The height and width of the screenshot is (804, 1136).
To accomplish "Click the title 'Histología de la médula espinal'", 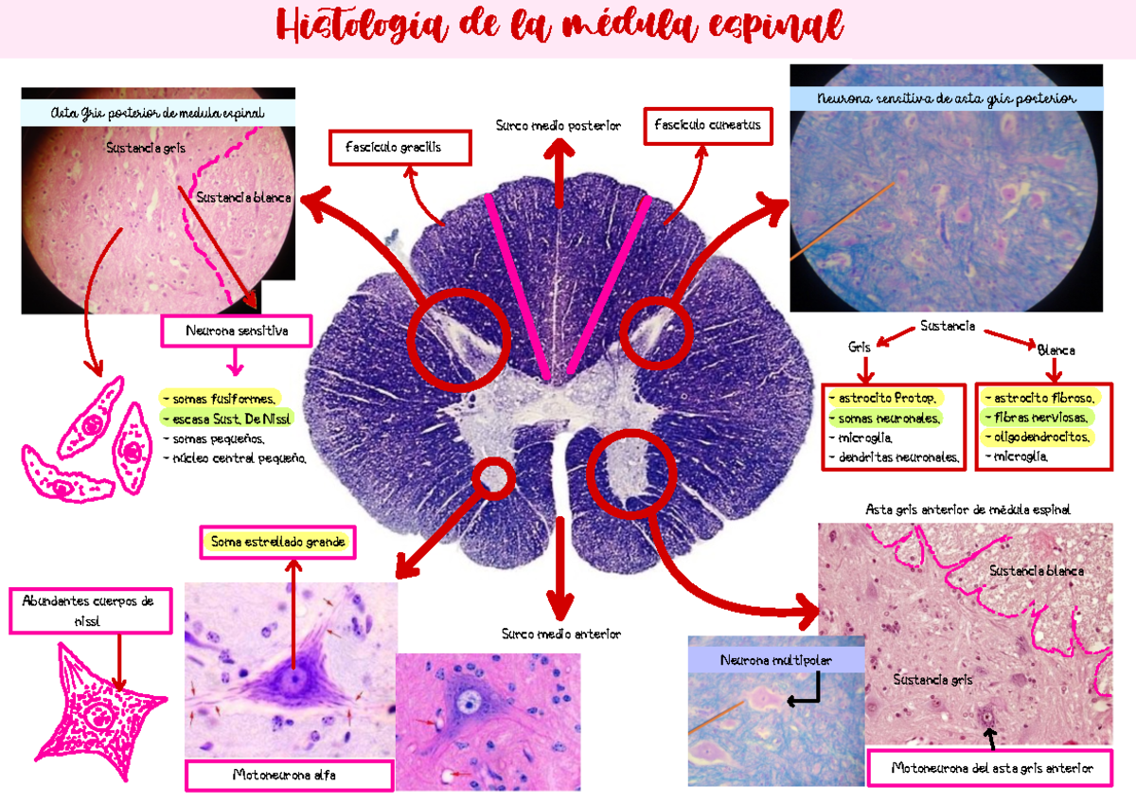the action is (x=560, y=28).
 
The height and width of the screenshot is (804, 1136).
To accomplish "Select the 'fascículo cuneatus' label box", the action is (x=706, y=125).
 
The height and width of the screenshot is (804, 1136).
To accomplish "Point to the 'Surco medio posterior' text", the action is (x=559, y=125).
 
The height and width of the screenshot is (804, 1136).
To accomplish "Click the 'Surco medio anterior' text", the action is (x=561, y=634).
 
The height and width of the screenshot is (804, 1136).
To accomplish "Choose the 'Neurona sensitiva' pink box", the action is (x=237, y=331).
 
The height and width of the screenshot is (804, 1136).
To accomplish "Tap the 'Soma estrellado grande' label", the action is (x=277, y=543).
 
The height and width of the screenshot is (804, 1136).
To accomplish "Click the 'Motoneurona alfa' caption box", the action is (x=290, y=776).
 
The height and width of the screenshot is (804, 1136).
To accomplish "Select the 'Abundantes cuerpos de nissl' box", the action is (x=91, y=611).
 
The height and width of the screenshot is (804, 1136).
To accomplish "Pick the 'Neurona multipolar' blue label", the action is (x=776, y=661).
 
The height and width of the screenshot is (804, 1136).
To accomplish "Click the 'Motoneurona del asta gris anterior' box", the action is (x=991, y=769).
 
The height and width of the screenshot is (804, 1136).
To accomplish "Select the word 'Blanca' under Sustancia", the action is (x=1056, y=350).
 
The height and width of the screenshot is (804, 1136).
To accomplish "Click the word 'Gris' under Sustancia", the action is (x=860, y=348).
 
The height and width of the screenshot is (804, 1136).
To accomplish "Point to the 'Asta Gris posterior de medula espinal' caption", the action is (x=157, y=114).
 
